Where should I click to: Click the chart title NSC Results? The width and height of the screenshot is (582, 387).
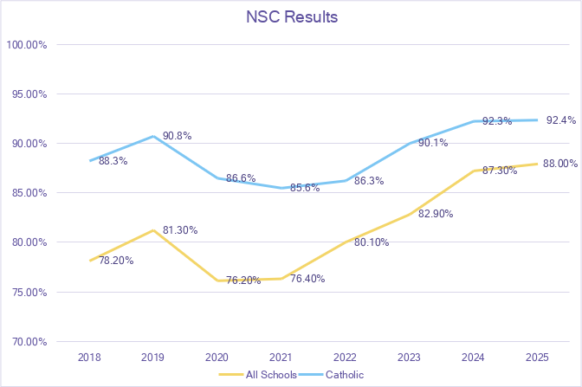[x=290, y=17]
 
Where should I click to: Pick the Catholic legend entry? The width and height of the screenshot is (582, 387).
[x=345, y=375]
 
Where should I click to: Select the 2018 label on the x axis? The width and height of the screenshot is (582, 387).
[x=89, y=357]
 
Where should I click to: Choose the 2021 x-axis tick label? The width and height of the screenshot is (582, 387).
[x=280, y=357]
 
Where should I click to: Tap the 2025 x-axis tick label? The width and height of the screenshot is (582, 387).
[x=534, y=357]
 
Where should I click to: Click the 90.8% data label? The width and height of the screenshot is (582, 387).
[x=177, y=136]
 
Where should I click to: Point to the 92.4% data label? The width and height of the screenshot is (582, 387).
[x=561, y=120]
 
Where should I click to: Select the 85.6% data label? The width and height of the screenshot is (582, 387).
[x=304, y=188]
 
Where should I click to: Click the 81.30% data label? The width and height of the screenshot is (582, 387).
[x=180, y=230]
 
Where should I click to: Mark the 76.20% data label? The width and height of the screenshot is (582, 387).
[x=243, y=281]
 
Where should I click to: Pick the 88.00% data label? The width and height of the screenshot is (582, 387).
[x=561, y=164]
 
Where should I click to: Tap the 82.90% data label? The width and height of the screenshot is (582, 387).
[x=435, y=213]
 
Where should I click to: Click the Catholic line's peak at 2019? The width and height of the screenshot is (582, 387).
[x=153, y=136]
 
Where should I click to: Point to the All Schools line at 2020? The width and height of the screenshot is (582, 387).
[x=217, y=281]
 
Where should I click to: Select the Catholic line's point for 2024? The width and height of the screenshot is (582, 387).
[x=471, y=121]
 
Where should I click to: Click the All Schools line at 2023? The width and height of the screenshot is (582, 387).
[x=407, y=213]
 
